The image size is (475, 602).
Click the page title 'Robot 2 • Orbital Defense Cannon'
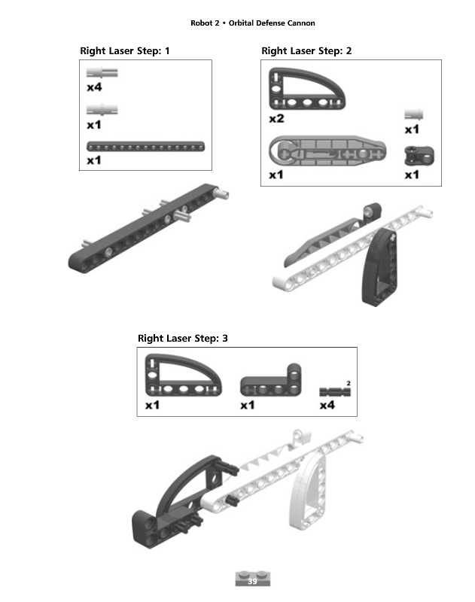(253, 23)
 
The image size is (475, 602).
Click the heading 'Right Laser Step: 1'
(125, 50)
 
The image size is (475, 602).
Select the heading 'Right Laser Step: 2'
(306, 50)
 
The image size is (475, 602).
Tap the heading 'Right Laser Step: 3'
(183, 338)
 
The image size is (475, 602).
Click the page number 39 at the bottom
(252, 581)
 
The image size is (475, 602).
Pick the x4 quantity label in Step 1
(94, 87)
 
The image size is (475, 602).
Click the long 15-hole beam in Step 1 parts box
(145, 147)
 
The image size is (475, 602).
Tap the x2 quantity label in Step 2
(276, 119)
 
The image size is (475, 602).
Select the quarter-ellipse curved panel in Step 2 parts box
(307, 89)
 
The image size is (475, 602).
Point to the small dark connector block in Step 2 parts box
(419, 156)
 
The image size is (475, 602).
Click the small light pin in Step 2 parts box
(413, 114)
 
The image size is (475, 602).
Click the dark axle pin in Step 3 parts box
(335, 392)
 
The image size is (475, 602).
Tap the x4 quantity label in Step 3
(327, 405)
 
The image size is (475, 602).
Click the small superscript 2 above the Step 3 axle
(349, 383)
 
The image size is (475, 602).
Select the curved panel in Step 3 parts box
(184, 375)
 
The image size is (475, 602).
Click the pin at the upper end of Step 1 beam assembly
(222, 194)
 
